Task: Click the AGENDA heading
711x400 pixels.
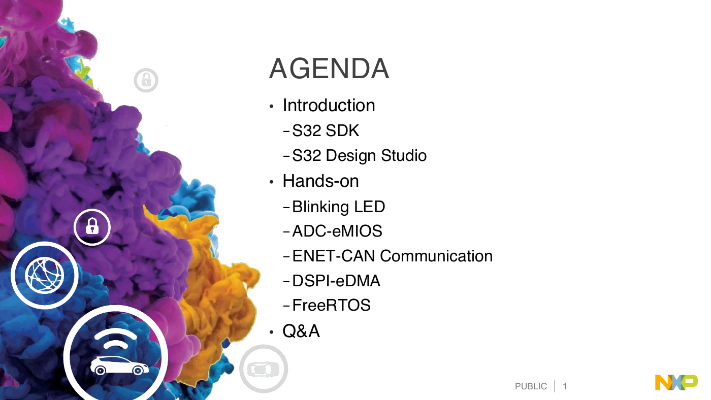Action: (329, 69)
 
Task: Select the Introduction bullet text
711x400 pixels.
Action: (329, 105)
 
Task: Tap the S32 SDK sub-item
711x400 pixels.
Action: (326, 130)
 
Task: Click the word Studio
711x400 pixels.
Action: (403, 155)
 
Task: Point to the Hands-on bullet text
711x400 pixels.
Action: (320, 181)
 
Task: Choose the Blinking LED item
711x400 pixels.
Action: (338, 207)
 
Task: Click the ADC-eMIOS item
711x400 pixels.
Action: (337, 231)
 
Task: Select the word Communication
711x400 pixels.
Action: (436, 256)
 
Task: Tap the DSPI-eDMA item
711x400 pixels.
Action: (336, 281)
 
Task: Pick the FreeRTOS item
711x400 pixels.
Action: (331, 305)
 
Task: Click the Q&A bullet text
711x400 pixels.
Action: (301, 331)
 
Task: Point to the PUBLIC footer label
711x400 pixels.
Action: (531, 386)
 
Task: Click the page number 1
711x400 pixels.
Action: (565, 386)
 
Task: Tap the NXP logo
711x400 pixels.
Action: (676, 382)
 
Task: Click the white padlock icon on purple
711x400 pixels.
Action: (92, 226)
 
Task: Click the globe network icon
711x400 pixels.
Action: (45, 275)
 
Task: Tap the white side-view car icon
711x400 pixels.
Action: (119, 365)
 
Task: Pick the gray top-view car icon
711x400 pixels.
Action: (263, 369)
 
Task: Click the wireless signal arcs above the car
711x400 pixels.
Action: (116, 338)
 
